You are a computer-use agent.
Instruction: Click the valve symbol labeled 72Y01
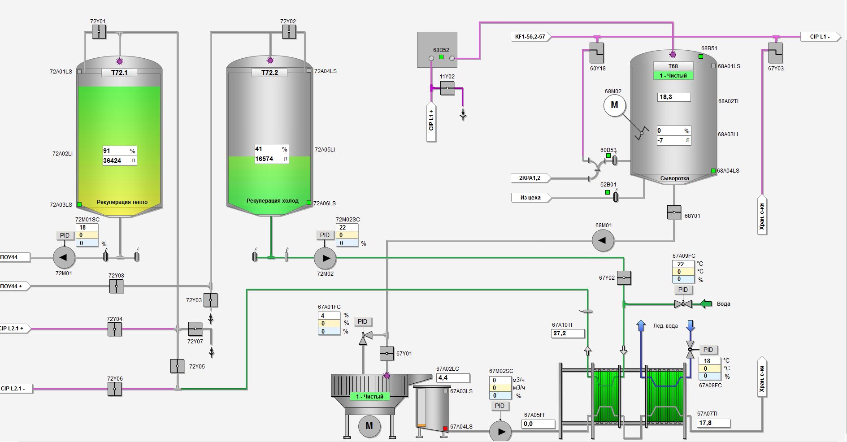[x=99, y=32]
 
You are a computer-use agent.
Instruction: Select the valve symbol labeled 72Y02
[x=289, y=32]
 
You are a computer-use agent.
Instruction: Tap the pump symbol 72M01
[x=64, y=257]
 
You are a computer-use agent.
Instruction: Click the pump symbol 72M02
[x=325, y=258]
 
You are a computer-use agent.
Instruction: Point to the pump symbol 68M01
[x=603, y=240]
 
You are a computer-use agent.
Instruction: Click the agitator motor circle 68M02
[x=614, y=105]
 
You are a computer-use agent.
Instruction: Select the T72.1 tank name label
[x=119, y=72]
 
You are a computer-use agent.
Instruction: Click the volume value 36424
[x=113, y=160]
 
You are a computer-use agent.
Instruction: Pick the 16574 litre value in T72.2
[x=265, y=159]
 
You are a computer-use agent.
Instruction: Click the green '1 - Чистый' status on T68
[x=673, y=76]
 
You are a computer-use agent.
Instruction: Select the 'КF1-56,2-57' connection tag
[x=530, y=37]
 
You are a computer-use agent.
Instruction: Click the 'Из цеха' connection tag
[x=530, y=197]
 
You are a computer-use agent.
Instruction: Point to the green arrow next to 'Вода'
[x=706, y=304]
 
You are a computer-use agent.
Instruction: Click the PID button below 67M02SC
[x=500, y=406]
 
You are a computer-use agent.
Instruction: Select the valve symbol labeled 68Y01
[x=674, y=212]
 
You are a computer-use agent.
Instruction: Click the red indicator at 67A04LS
[x=445, y=429]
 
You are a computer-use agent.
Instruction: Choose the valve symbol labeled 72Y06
[x=115, y=389]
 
